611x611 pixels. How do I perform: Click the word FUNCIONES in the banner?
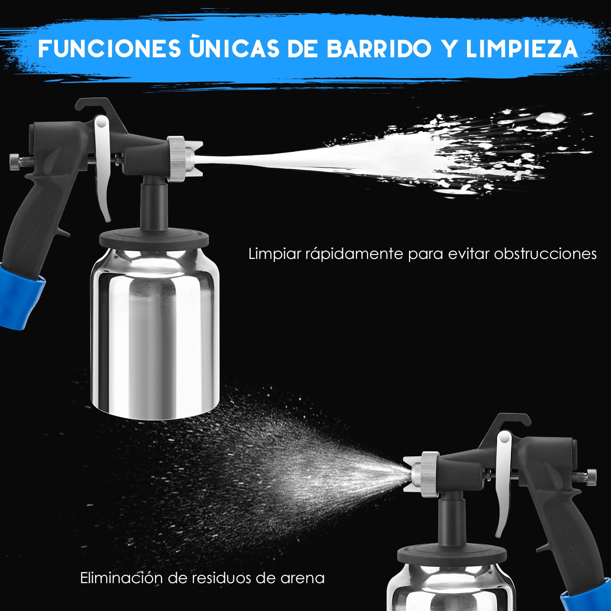110,48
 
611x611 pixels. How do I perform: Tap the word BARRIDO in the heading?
379,48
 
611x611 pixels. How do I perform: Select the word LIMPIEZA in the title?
522,48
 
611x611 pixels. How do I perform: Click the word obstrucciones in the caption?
545,254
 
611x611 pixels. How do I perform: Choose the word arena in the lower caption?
302,579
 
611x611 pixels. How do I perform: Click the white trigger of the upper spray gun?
103,168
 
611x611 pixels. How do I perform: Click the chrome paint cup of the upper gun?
155,332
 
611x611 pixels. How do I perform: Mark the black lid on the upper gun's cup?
154,238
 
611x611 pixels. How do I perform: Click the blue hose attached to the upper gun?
19,296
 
